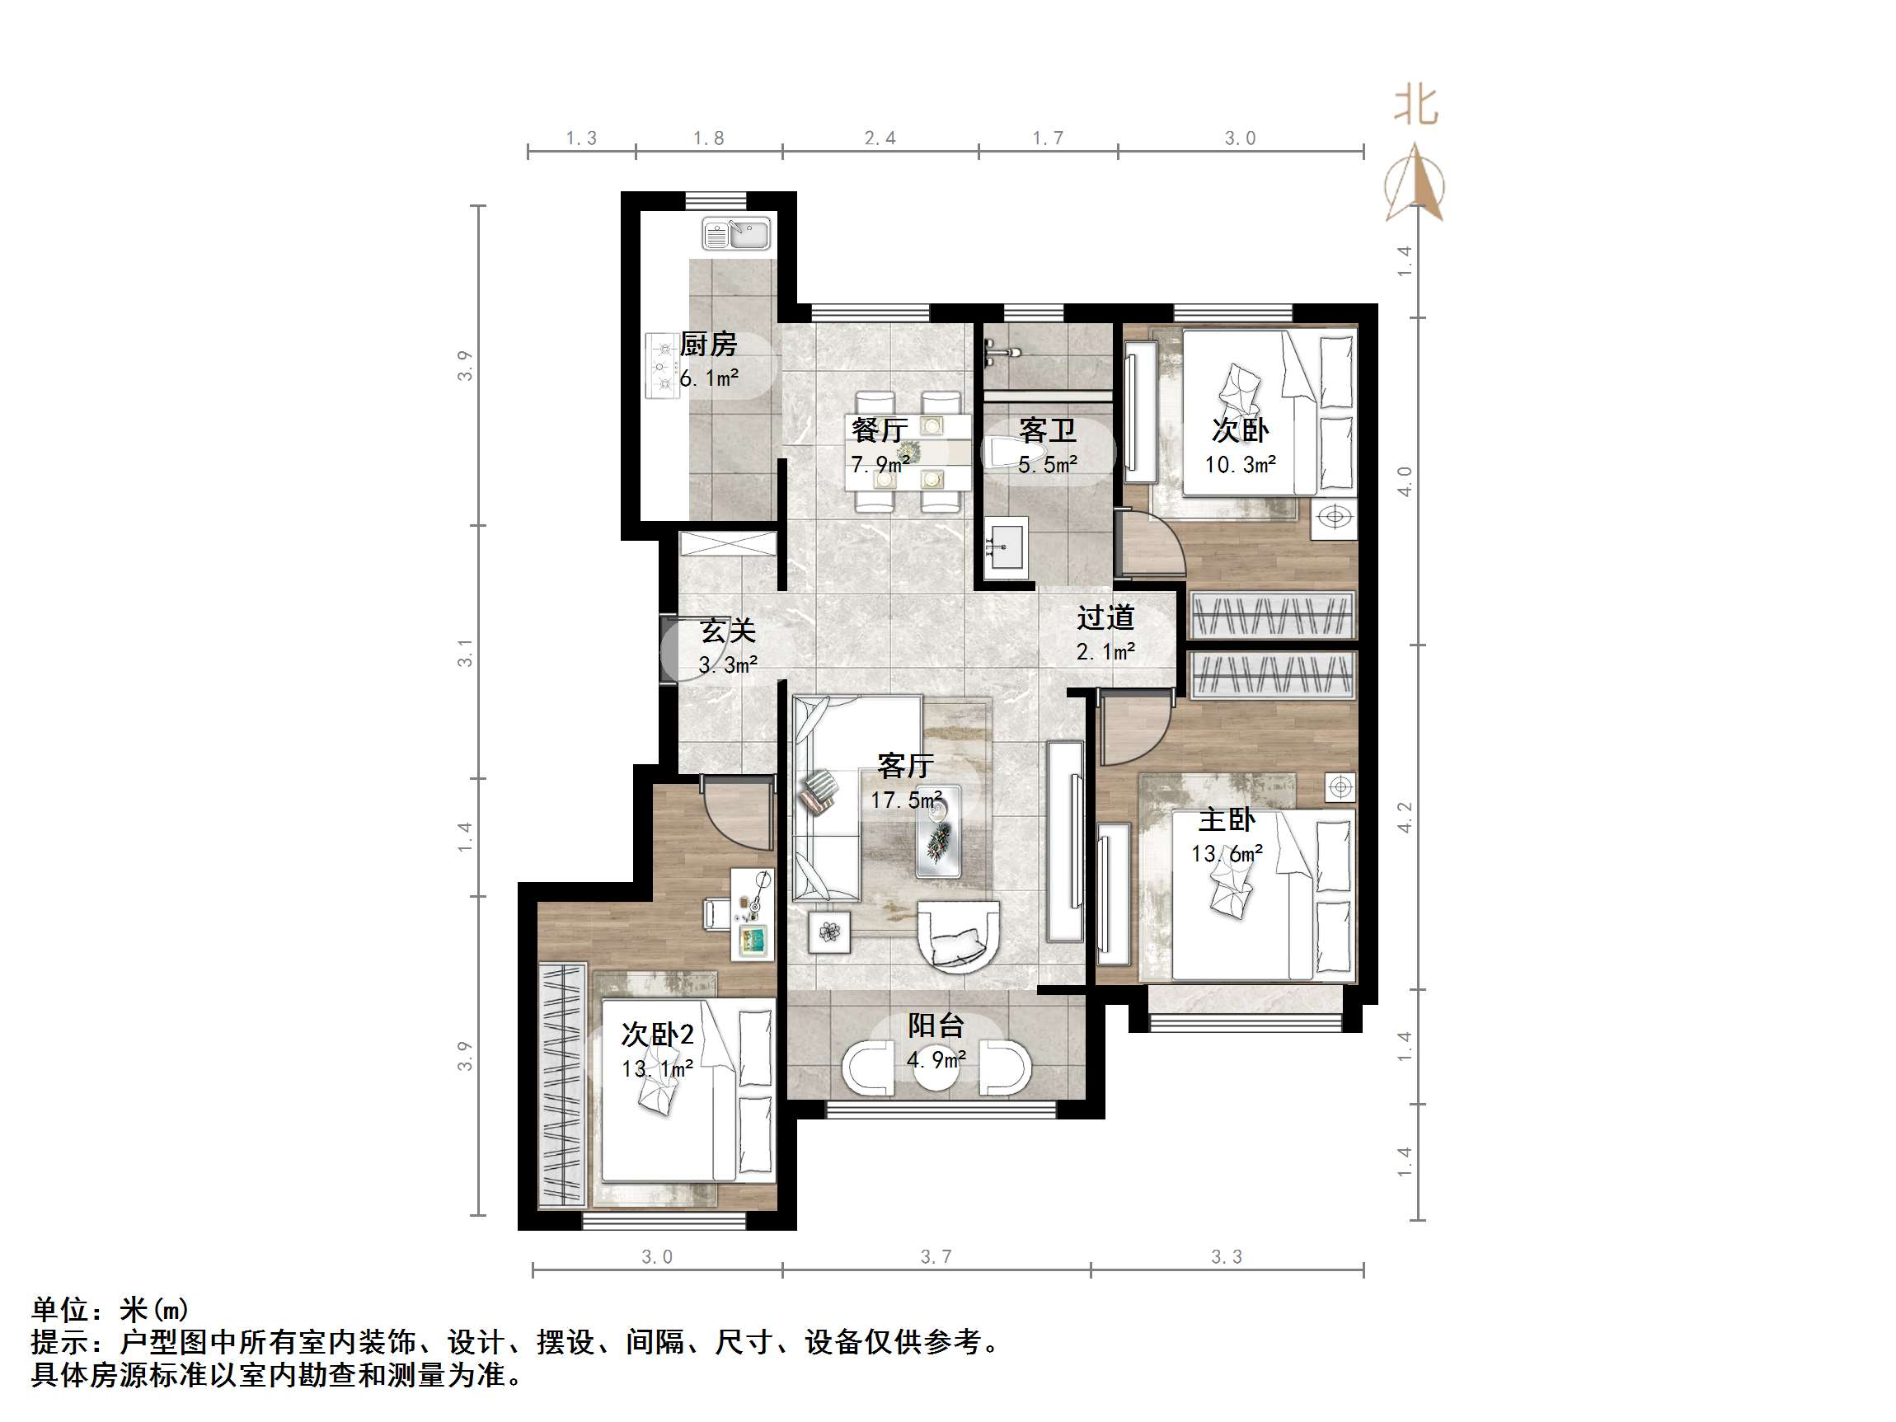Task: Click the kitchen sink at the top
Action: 736,234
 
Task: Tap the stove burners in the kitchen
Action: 662,367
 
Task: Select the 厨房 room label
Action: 708,345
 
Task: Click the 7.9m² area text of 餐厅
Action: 880,465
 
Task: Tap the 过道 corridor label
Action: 1105,617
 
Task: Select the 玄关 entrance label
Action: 728,631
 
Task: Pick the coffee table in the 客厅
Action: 938,833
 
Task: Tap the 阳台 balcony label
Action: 936,1025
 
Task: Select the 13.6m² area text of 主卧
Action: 1227,854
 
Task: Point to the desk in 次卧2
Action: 752,913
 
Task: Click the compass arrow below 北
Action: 1415,182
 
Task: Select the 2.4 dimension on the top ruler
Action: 880,138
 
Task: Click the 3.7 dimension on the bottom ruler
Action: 935,1256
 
